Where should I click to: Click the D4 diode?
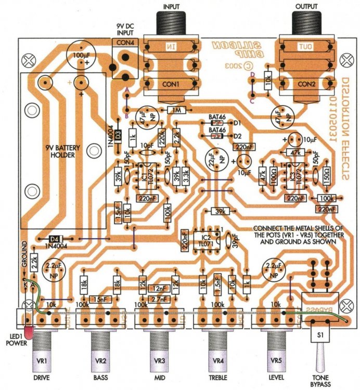55,238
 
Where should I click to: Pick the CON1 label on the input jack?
170,83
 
